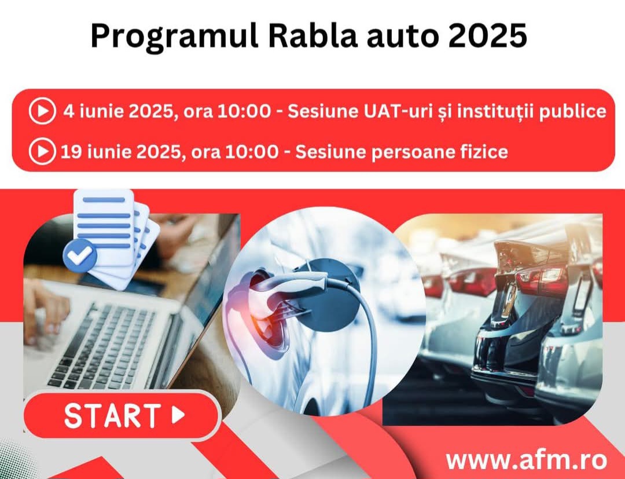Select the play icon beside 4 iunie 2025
(x=42, y=112)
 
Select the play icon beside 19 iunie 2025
(x=42, y=152)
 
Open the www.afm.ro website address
(x=526, y=460)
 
